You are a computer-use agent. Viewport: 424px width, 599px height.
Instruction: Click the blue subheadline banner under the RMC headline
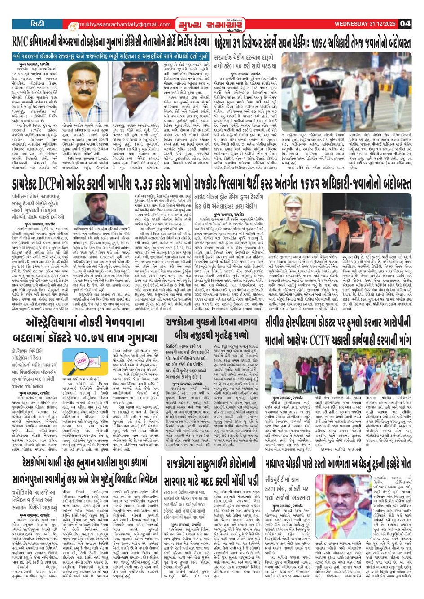click(x=110, y=57)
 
